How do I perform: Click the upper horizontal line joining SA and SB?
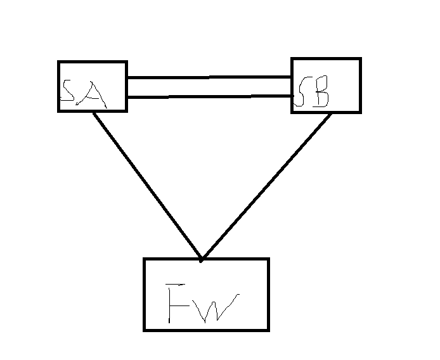pos(209,77)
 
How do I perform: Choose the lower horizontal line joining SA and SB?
pos(209,97)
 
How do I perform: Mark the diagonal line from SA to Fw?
pos(147,185)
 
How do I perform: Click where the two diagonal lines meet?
pos(201,259)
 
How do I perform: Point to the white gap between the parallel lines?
pos(209,87)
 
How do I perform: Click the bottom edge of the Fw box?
pos(206,330)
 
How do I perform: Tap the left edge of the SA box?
pos(59,86)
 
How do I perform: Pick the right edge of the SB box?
pos(359,86)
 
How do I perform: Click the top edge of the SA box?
pos(93,62)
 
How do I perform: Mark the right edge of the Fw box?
pos(268,294)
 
